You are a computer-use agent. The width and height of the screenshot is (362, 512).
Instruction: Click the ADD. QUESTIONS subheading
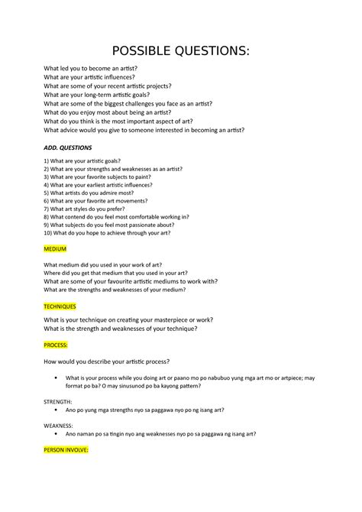click(67, 147)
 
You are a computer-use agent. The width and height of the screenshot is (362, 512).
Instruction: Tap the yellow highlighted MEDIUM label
click(55, 249)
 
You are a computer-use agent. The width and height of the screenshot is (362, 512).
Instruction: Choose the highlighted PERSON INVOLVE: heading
click(66, 450)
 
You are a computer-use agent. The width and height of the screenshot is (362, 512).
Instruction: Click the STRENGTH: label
click(59, 400)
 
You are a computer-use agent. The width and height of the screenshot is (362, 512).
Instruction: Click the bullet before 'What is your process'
click(57, 378)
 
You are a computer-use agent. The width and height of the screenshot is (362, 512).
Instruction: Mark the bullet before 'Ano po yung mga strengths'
click(57, 410)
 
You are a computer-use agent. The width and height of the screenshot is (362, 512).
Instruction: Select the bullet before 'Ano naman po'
click(57, 434)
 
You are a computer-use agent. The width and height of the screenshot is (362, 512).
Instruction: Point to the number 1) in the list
click(47, 161)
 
